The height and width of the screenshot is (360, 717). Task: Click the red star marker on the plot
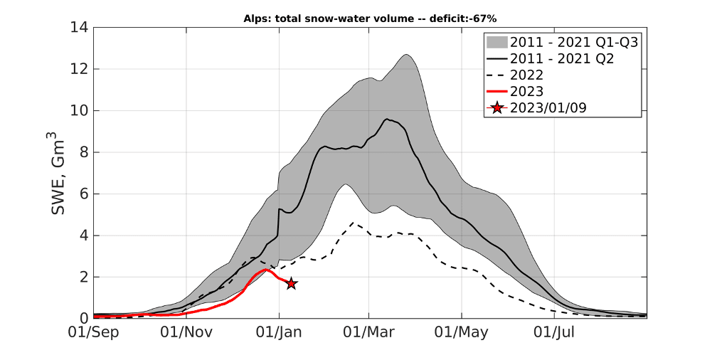292,284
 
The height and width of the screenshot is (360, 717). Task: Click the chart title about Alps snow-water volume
370,18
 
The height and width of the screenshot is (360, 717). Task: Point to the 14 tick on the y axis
79,28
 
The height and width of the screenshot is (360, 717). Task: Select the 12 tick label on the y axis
79,69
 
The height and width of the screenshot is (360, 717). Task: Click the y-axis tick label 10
79,111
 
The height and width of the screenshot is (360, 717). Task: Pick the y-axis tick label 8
84,152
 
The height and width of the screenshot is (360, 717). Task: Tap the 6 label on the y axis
84,194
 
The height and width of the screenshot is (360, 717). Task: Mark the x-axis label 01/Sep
93,332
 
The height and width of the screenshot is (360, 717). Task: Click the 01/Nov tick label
186,332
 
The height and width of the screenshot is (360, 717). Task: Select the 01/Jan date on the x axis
279,332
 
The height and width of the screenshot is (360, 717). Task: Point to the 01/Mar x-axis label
368,332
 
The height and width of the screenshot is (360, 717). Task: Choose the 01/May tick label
462,332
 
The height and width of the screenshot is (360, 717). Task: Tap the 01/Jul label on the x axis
554,332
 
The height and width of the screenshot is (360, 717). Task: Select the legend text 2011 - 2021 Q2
562,59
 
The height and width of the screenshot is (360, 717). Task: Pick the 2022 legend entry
527,75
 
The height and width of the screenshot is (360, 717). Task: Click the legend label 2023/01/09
548,108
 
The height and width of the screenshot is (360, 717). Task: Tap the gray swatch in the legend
496,43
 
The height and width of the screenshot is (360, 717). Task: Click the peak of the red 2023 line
266,270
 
